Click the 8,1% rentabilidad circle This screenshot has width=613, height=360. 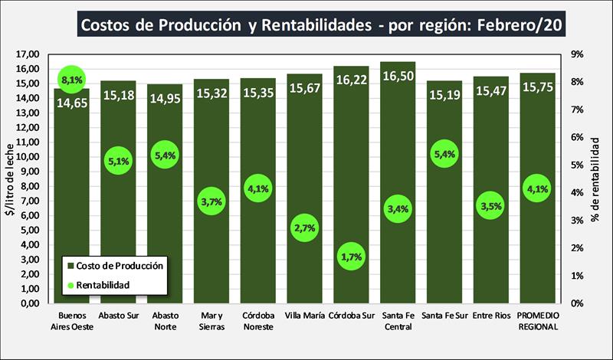[x=71, y=79]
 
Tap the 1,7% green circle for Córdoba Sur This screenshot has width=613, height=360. [x=351, y=257]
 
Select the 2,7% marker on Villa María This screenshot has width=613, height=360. [x=304, y=228]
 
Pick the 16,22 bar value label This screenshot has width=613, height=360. [x=351, y=79]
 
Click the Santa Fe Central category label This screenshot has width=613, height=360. [x=398, y=320]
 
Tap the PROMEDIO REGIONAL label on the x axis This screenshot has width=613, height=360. [x=536, y=320]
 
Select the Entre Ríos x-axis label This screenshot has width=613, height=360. [x=490, y=315]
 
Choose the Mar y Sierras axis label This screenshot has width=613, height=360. [x=211, y=320]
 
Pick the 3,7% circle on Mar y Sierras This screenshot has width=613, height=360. [x=211, y=201]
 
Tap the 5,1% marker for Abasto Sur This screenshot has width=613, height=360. [x=118, y=161]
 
